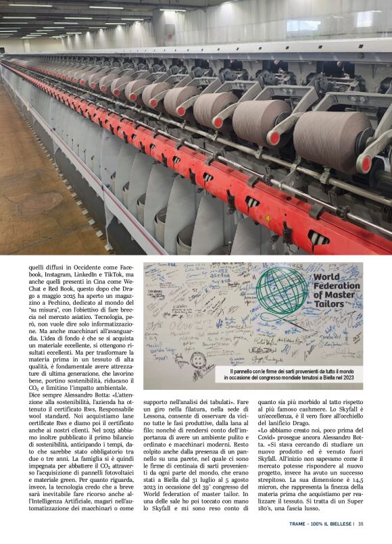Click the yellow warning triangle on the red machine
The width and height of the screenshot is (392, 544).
pos(267,218)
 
